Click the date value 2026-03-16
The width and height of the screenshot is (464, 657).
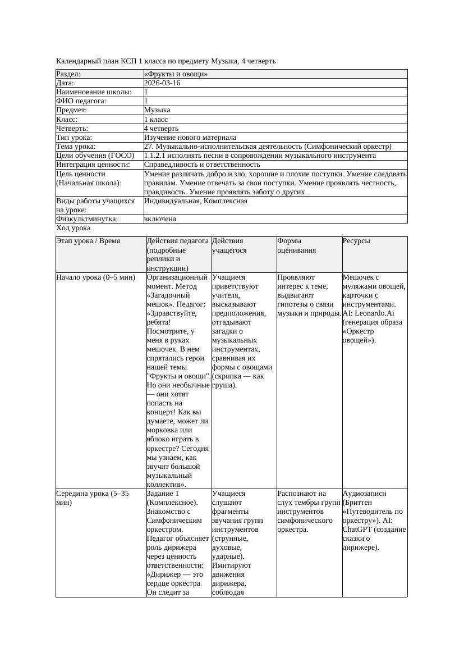click(162, 83)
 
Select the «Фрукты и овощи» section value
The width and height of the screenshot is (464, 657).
click(176, 74)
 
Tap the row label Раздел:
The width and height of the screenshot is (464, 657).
click(68, 74)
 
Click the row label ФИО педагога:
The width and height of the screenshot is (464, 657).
click(81, 101)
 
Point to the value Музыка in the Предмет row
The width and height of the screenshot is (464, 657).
click(157, 110)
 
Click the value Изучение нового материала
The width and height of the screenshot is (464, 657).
click(190, 138)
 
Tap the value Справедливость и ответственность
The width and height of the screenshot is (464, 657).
click(202, 165)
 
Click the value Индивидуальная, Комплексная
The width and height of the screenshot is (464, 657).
click(196, 200)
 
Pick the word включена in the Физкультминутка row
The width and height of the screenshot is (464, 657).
click(160, 219)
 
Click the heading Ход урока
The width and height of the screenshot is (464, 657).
click(73, 228)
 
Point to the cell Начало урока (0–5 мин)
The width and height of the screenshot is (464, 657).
click(96, 277)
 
